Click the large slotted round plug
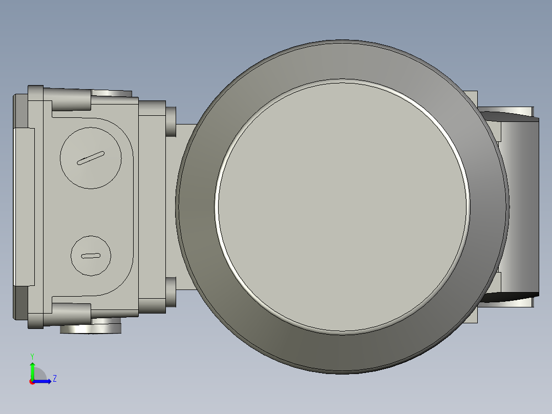91,157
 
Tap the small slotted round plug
91,256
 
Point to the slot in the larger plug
91,158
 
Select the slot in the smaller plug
91,256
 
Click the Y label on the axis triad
32,356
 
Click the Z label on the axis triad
54,379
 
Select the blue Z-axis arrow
44,381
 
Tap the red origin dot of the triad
32,382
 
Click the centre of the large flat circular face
342,206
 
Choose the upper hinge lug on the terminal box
71,99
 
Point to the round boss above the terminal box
112,93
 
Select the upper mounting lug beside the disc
171,121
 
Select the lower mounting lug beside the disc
171,292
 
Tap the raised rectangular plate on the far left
24,206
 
